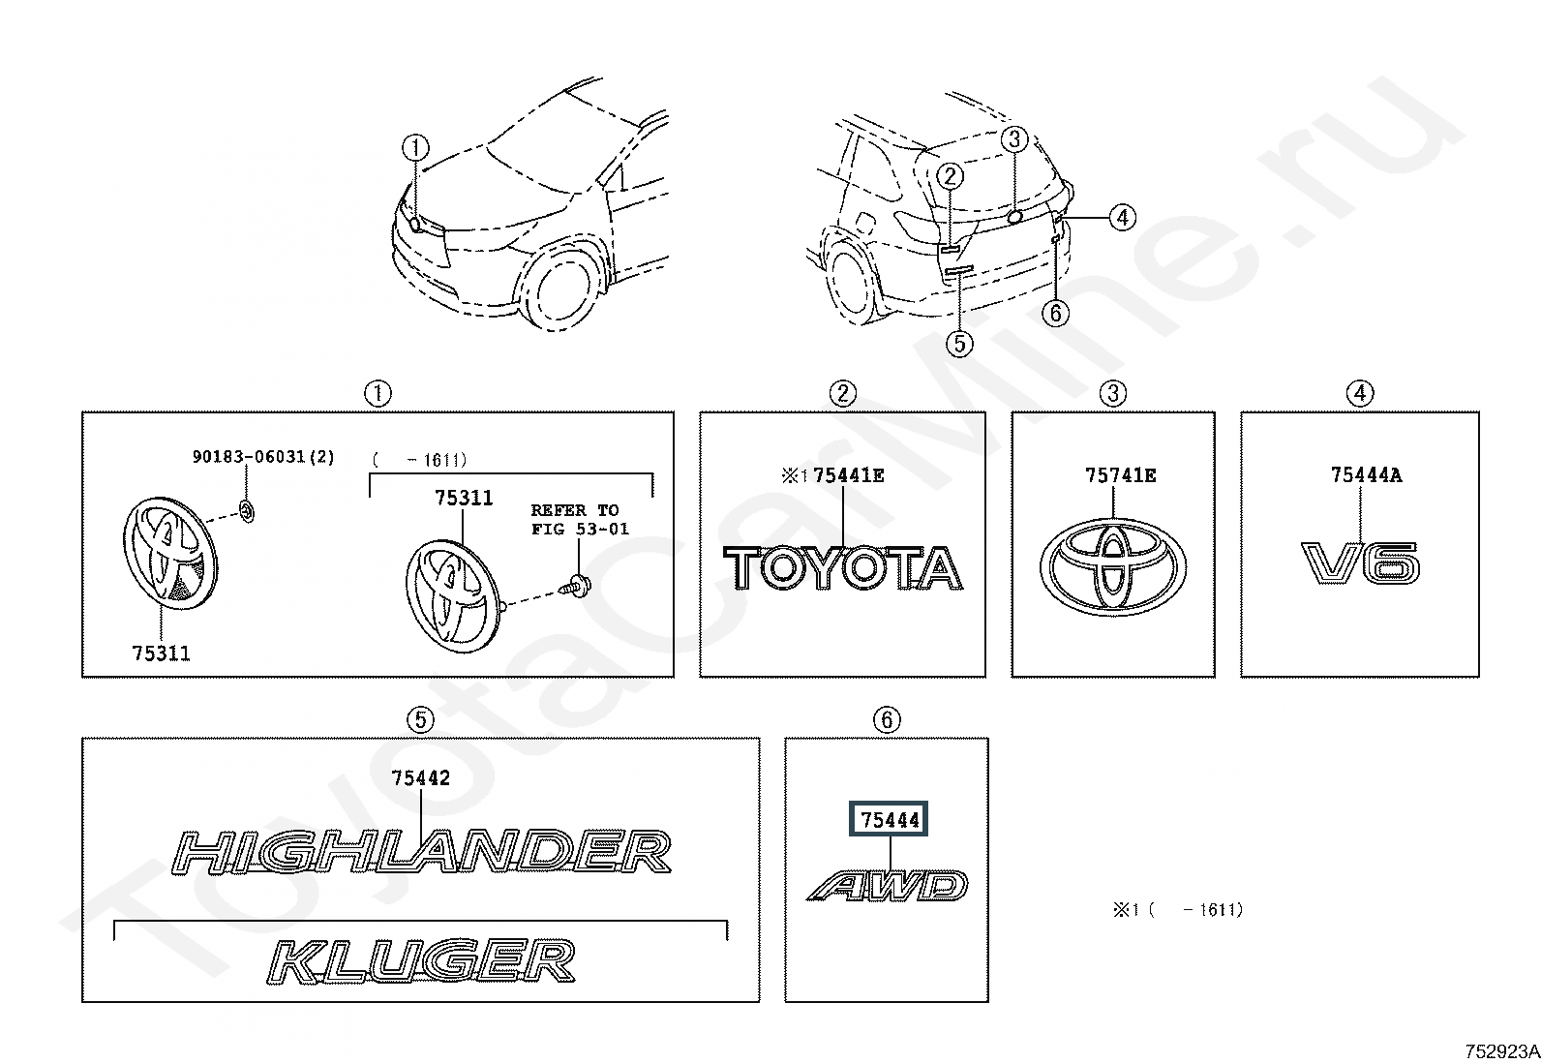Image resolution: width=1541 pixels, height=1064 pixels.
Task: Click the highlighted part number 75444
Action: (x=889, y=819)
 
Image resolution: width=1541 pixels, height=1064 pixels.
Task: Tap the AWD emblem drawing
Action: (x=888, y=886)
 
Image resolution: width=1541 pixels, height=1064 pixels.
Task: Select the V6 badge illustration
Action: (x=1360, y=562)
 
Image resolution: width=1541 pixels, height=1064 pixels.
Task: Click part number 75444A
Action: (x=1366, y=474)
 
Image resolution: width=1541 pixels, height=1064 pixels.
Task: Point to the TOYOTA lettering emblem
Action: (x=843, y=568)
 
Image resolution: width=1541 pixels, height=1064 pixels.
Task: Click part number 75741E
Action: (x=1121, y=475)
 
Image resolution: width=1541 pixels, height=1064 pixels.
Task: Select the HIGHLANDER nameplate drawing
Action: (x=421, y=852)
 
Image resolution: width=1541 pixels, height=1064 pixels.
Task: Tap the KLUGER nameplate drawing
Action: (x=421, y=960)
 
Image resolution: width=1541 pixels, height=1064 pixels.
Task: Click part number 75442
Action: (x=420, y=778)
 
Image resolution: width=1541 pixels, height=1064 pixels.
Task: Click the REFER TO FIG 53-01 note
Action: (x=579, y=520)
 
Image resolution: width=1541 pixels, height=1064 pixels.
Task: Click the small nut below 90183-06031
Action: (x=247, y=511)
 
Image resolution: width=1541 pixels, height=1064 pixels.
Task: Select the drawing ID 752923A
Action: (x=1501, y=1051)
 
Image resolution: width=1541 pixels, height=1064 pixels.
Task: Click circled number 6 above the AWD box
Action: (x=887, y=720)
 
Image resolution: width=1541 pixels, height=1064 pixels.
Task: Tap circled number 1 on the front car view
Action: (x=415, y=147)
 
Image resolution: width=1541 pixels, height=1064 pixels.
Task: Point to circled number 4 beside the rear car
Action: (x=1123, y=218)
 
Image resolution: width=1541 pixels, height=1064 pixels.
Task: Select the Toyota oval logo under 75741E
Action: (x=1112, y=567)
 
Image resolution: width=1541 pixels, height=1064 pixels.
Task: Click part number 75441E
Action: (x=848, y=475)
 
